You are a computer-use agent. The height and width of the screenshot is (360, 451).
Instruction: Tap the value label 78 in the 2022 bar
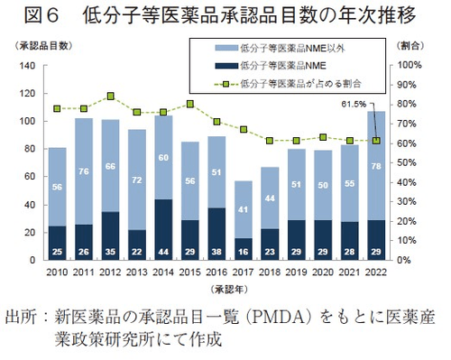point(375,166)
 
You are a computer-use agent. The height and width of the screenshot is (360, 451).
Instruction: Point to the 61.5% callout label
point(353,105)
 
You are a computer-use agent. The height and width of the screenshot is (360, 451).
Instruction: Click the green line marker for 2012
point(109,97)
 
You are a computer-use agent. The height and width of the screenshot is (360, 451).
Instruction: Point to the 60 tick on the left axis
point(27,177)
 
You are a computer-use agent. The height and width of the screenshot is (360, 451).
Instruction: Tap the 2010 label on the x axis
point(56,272)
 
